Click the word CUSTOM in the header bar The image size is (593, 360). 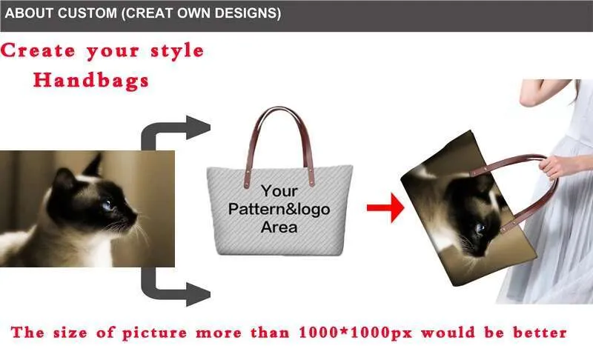(87, 13)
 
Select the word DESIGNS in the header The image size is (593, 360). (246, 13)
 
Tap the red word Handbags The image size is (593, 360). (91, 80)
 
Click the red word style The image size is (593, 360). (177, 51)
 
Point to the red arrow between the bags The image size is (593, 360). (385, 207)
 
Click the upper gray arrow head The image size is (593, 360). (198, 127)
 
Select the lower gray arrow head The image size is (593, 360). (198, 294)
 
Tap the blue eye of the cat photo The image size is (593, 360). (107, 205)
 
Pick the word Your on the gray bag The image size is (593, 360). (279, 191)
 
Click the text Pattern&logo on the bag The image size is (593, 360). (279, 209)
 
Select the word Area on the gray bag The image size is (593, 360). (279, 227)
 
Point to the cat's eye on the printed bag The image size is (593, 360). (480, 228)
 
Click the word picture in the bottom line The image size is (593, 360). (154, 333)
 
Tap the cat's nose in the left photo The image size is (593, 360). (134, 217)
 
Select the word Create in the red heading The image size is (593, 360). (38, 50)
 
